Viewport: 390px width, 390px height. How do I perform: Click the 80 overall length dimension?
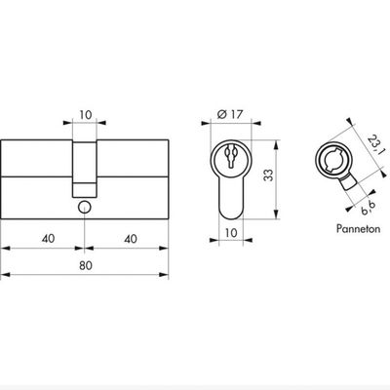coord(86,266)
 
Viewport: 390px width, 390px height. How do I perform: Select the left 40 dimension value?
coord(48,239)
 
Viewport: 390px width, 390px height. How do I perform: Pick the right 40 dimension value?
coord(131,239)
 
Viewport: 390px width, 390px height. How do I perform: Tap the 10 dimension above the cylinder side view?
coord(86,115)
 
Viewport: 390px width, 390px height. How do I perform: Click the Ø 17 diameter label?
coord(230,114)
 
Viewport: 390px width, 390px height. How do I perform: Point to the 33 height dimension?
coord(268,175)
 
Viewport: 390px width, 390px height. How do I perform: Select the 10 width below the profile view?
coord(231,232)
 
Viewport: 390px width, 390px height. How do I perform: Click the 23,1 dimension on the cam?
coord(374,144)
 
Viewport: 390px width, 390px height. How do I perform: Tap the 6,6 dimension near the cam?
coord(369,208)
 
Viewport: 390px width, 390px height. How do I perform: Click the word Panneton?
coord(358,228)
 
